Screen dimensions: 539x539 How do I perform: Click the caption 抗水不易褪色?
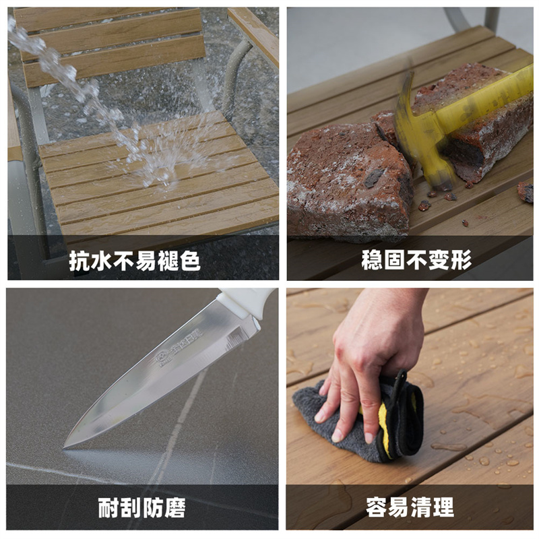[x=134, y=260]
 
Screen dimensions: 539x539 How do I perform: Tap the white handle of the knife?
[x=245, y=300]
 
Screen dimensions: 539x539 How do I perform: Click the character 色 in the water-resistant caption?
[x=189, y=260]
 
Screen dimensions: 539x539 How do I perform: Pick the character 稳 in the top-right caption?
[x=372, y=260]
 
